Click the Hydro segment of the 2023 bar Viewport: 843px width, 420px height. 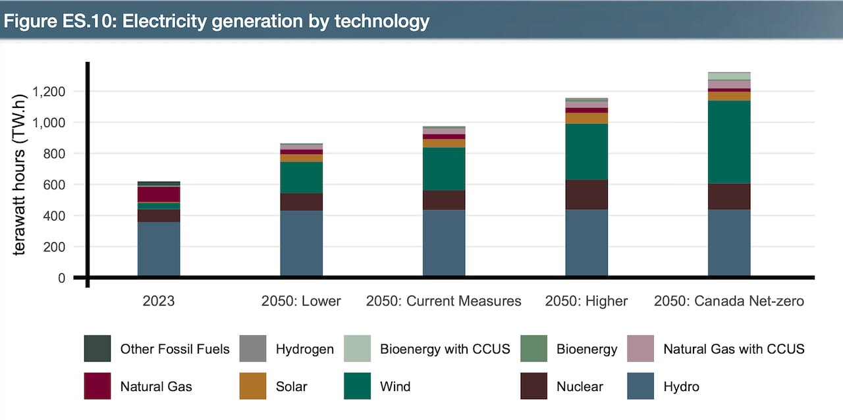[159, 249]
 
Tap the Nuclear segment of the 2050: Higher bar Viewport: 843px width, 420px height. [586, 194]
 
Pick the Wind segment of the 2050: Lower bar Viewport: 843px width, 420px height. [301, 177]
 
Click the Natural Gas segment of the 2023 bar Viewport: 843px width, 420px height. [159, 194]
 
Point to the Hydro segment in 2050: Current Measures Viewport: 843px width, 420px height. [444, 242]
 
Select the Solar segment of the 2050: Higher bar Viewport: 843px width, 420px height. [586, 118]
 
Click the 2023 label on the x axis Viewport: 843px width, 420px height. [159, 302]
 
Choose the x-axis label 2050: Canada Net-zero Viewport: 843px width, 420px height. [729, 302]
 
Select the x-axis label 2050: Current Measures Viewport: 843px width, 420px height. [444, 302]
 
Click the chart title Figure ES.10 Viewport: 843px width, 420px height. [217, 21]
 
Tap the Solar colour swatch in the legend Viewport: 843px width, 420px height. [253, 386]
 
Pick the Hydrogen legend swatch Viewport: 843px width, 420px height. [253, 348]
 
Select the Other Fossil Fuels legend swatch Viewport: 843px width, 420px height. [97, 348]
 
